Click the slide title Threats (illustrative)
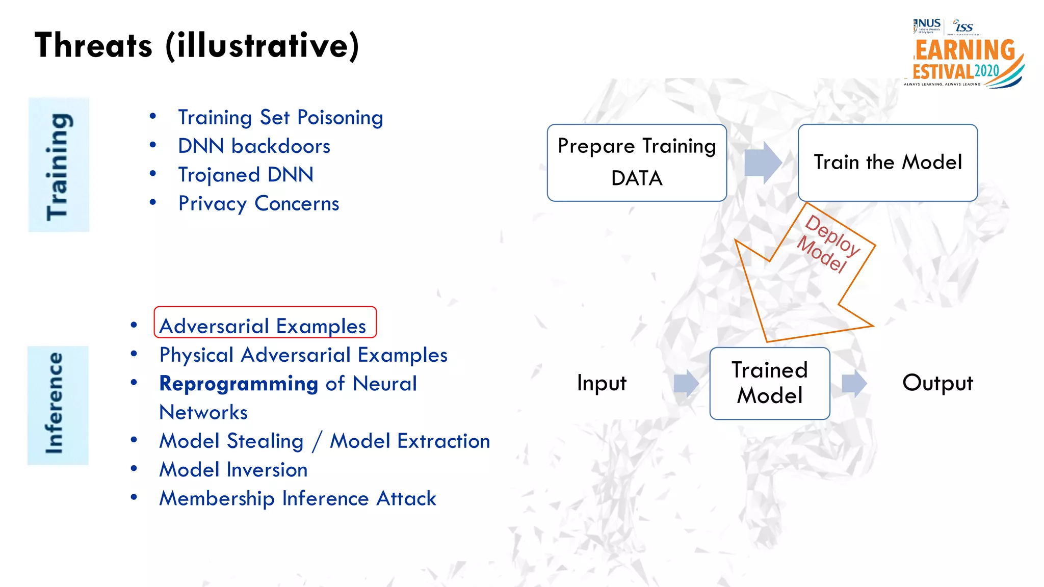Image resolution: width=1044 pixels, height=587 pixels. point(197,46)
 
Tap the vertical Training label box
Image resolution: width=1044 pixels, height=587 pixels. point(59,165)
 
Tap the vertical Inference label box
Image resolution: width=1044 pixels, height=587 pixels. point(58,405)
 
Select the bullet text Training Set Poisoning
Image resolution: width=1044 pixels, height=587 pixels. point(280,118)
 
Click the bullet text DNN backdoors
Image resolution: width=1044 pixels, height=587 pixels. point(254,146)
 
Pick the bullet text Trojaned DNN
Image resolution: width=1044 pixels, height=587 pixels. point(245,175)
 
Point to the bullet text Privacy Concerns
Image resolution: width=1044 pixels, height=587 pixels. point(258,204)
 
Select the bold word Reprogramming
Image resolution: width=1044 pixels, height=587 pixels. point(239,384)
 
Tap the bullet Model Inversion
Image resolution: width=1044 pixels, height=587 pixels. point(233,470)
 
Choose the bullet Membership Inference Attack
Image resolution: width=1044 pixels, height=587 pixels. point(298,498)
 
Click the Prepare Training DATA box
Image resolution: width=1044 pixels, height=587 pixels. point(637,163)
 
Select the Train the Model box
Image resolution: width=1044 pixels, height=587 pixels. point(888,163)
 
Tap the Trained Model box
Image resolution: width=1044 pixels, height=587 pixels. point(769,383)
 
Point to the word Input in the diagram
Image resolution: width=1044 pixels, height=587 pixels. point(602,383)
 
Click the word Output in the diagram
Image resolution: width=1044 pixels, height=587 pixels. point(937,383)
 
